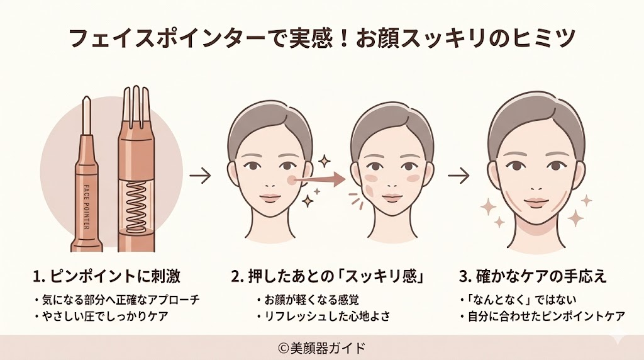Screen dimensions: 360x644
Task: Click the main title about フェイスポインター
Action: [321, 39]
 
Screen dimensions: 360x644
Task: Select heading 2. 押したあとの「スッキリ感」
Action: [326, 277]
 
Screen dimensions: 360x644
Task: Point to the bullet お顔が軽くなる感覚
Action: [309, 300]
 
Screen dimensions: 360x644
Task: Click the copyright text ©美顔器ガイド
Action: [321, 347]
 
